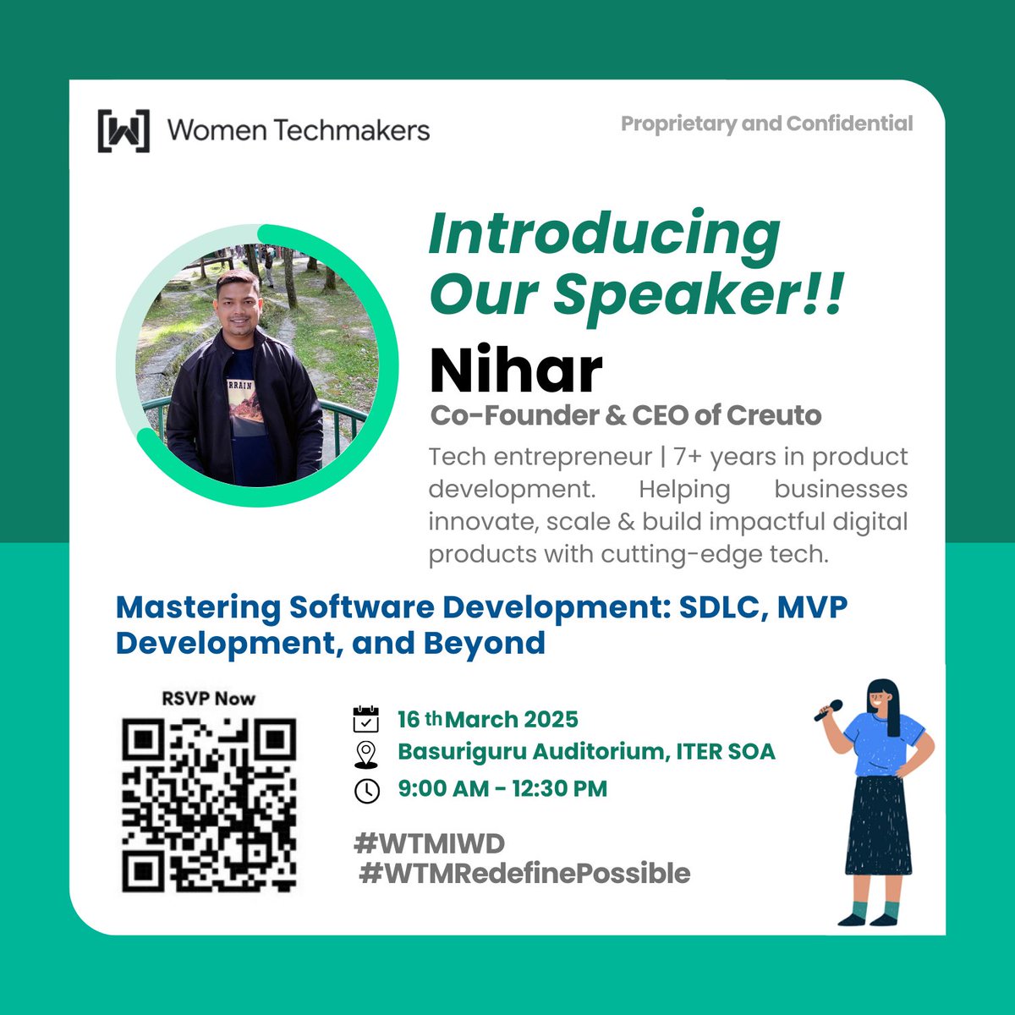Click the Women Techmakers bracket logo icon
tap(123, 130)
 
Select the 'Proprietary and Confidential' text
tap(766, 123)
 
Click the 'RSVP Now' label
tap(208, 699)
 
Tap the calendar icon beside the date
tap(365, 719)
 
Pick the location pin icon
tap(365, 753)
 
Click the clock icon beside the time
tap(366, 790)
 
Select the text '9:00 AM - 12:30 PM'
tap(502, 789)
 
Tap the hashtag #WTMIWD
tap(430, 843)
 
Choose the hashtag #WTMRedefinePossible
tap(524, 873)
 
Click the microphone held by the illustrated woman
tap(828, 710)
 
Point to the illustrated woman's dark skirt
tap(879, 825)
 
